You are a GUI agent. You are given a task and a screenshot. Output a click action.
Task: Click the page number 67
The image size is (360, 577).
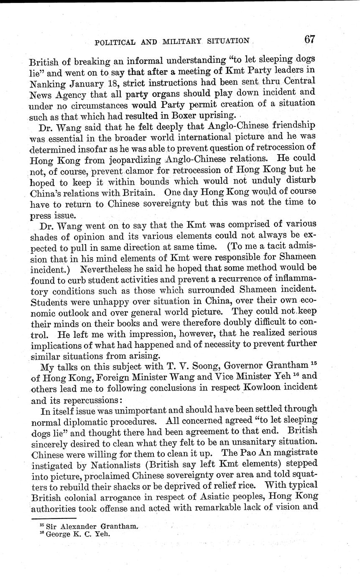click(309, 40)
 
